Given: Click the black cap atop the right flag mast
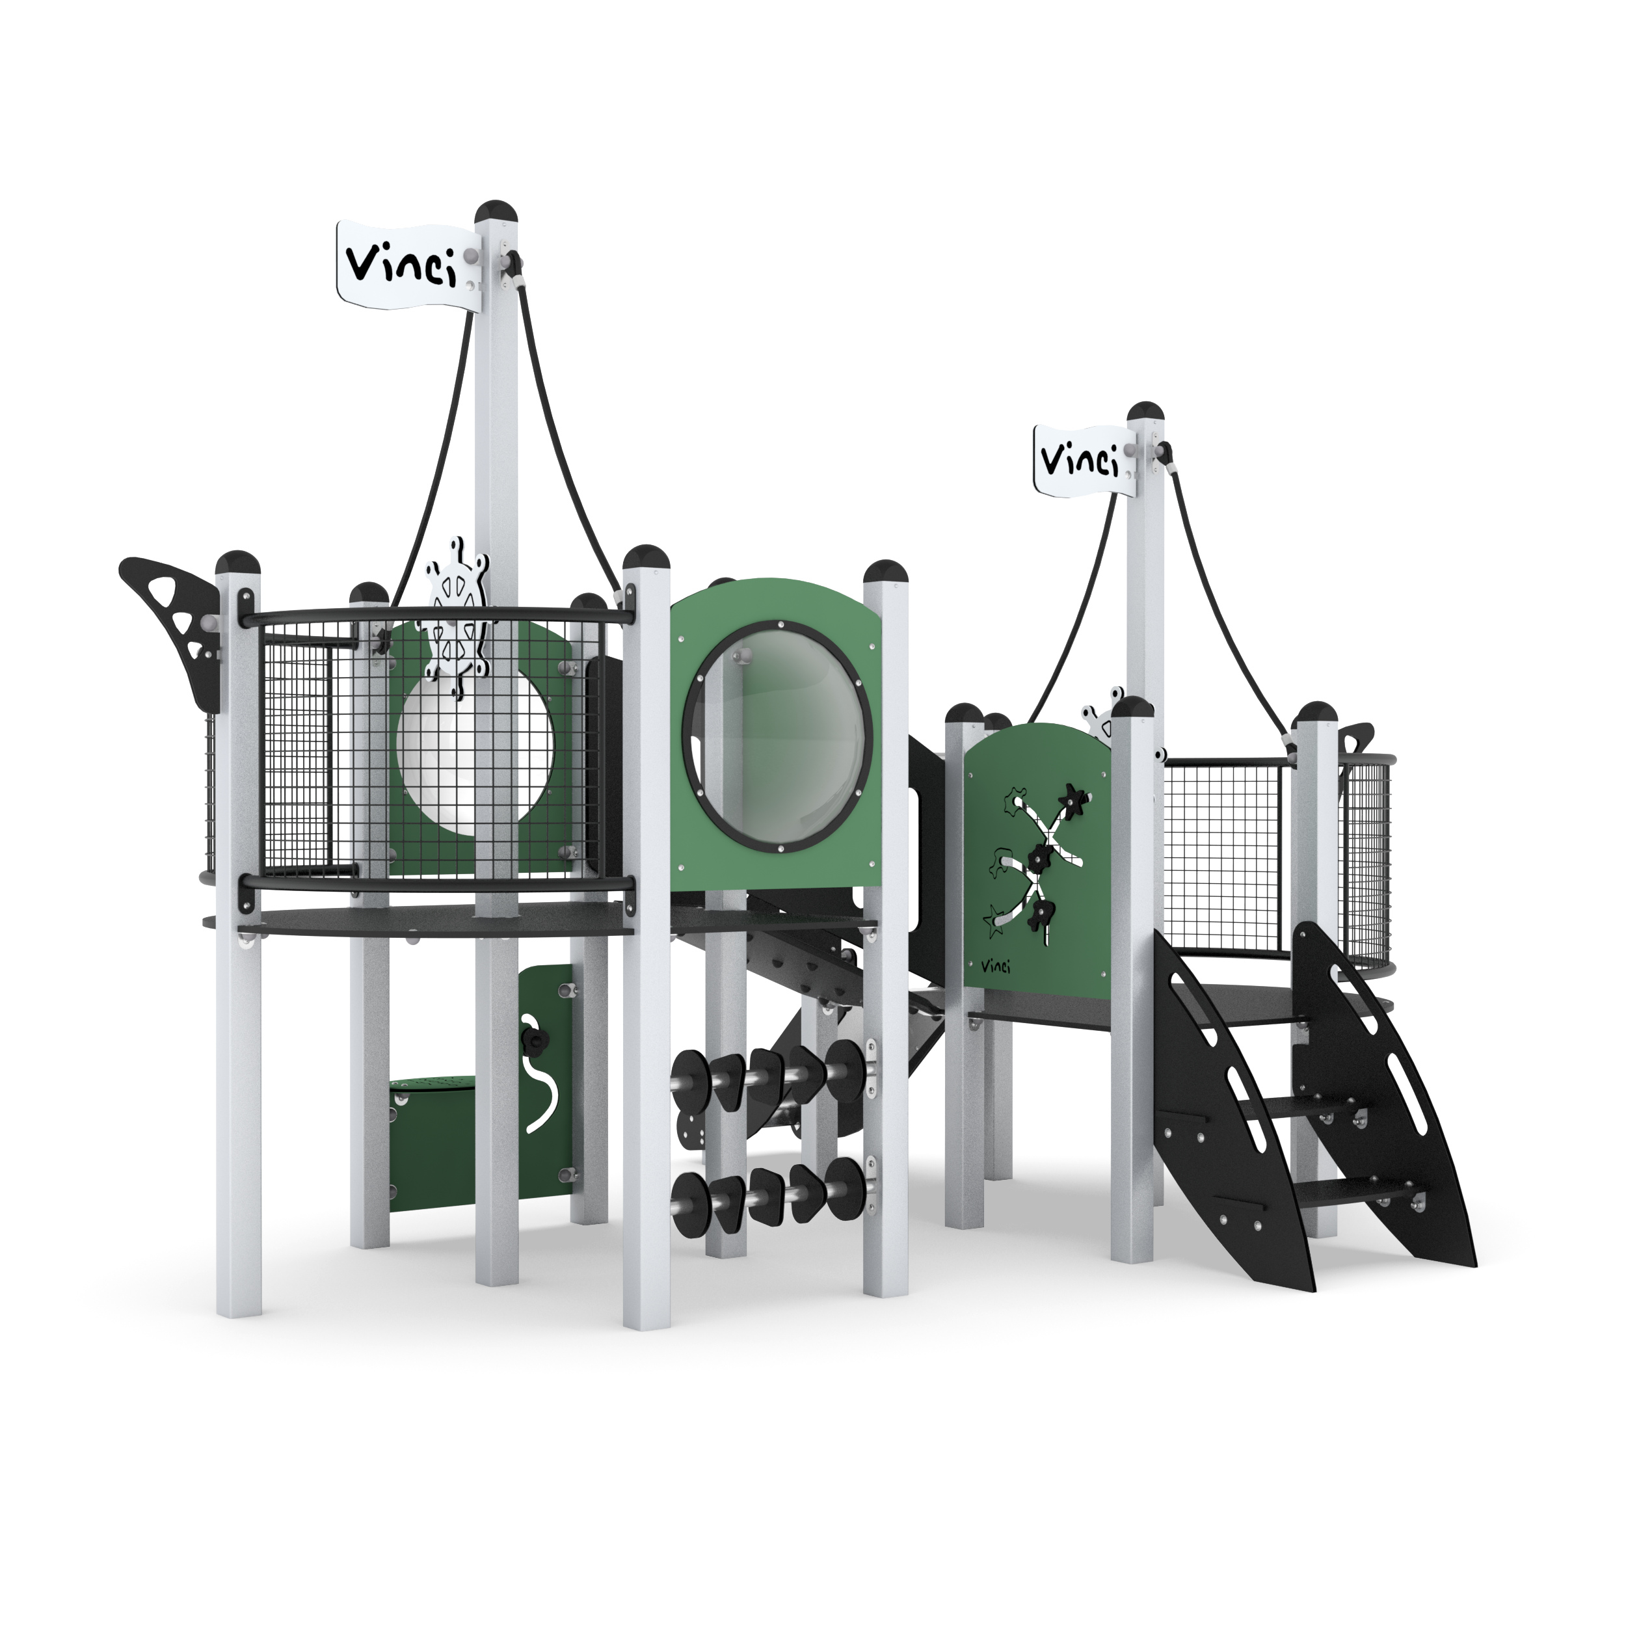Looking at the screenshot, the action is (1148, 413).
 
